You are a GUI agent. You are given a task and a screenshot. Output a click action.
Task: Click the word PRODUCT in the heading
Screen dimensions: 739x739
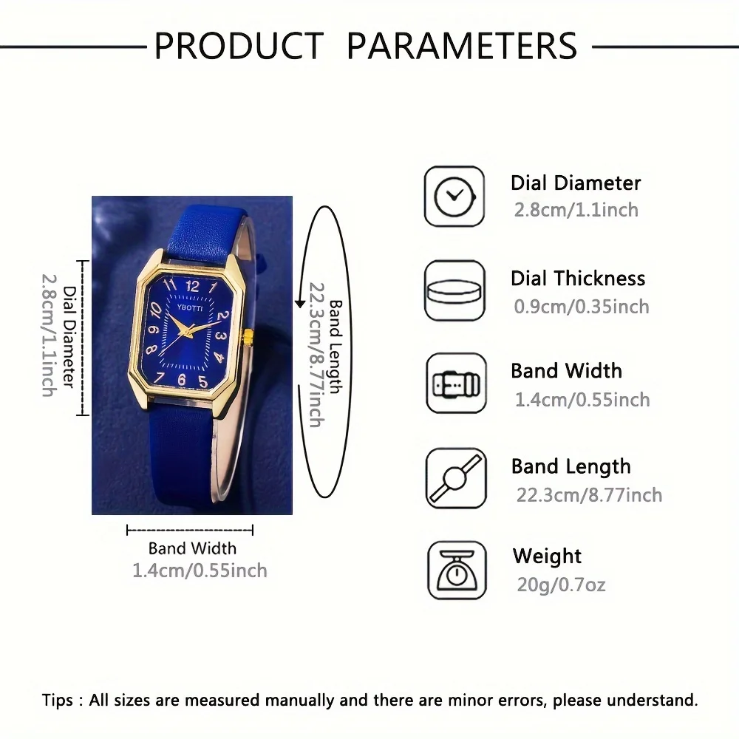click(238, 46)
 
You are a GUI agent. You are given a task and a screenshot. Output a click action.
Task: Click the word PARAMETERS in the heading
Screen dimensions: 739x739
click(462, 46)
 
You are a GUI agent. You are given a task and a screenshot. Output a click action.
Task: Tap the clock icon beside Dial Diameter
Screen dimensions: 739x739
click(454, 197)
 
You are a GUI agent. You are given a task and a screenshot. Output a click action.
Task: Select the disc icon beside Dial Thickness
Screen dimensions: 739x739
click(454, 290)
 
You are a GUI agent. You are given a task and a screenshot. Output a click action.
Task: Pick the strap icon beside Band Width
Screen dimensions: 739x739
click(455, 384)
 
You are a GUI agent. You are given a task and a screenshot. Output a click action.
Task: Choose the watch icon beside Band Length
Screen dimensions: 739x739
click(455, 478)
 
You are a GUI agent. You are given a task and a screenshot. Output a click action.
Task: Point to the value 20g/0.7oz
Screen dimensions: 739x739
click(561, 585)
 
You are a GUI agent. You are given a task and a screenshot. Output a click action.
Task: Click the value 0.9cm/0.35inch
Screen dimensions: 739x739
click(582, 306)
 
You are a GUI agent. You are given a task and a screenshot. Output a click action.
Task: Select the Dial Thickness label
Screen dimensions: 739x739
click(578, 279)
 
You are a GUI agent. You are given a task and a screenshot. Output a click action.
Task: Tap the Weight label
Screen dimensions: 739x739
click(547, 556)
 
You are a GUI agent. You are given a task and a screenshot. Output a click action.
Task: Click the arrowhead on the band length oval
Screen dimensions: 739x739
click(300, 302)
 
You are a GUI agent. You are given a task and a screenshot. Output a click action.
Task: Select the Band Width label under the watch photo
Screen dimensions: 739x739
click(192, 548)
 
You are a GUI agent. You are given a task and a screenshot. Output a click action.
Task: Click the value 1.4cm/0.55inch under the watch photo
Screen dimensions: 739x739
click(200, 571)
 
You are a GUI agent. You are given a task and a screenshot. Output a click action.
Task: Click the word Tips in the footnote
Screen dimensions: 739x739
click(58, 701)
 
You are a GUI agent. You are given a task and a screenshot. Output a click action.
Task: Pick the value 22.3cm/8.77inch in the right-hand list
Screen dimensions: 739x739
click(589, 494)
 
